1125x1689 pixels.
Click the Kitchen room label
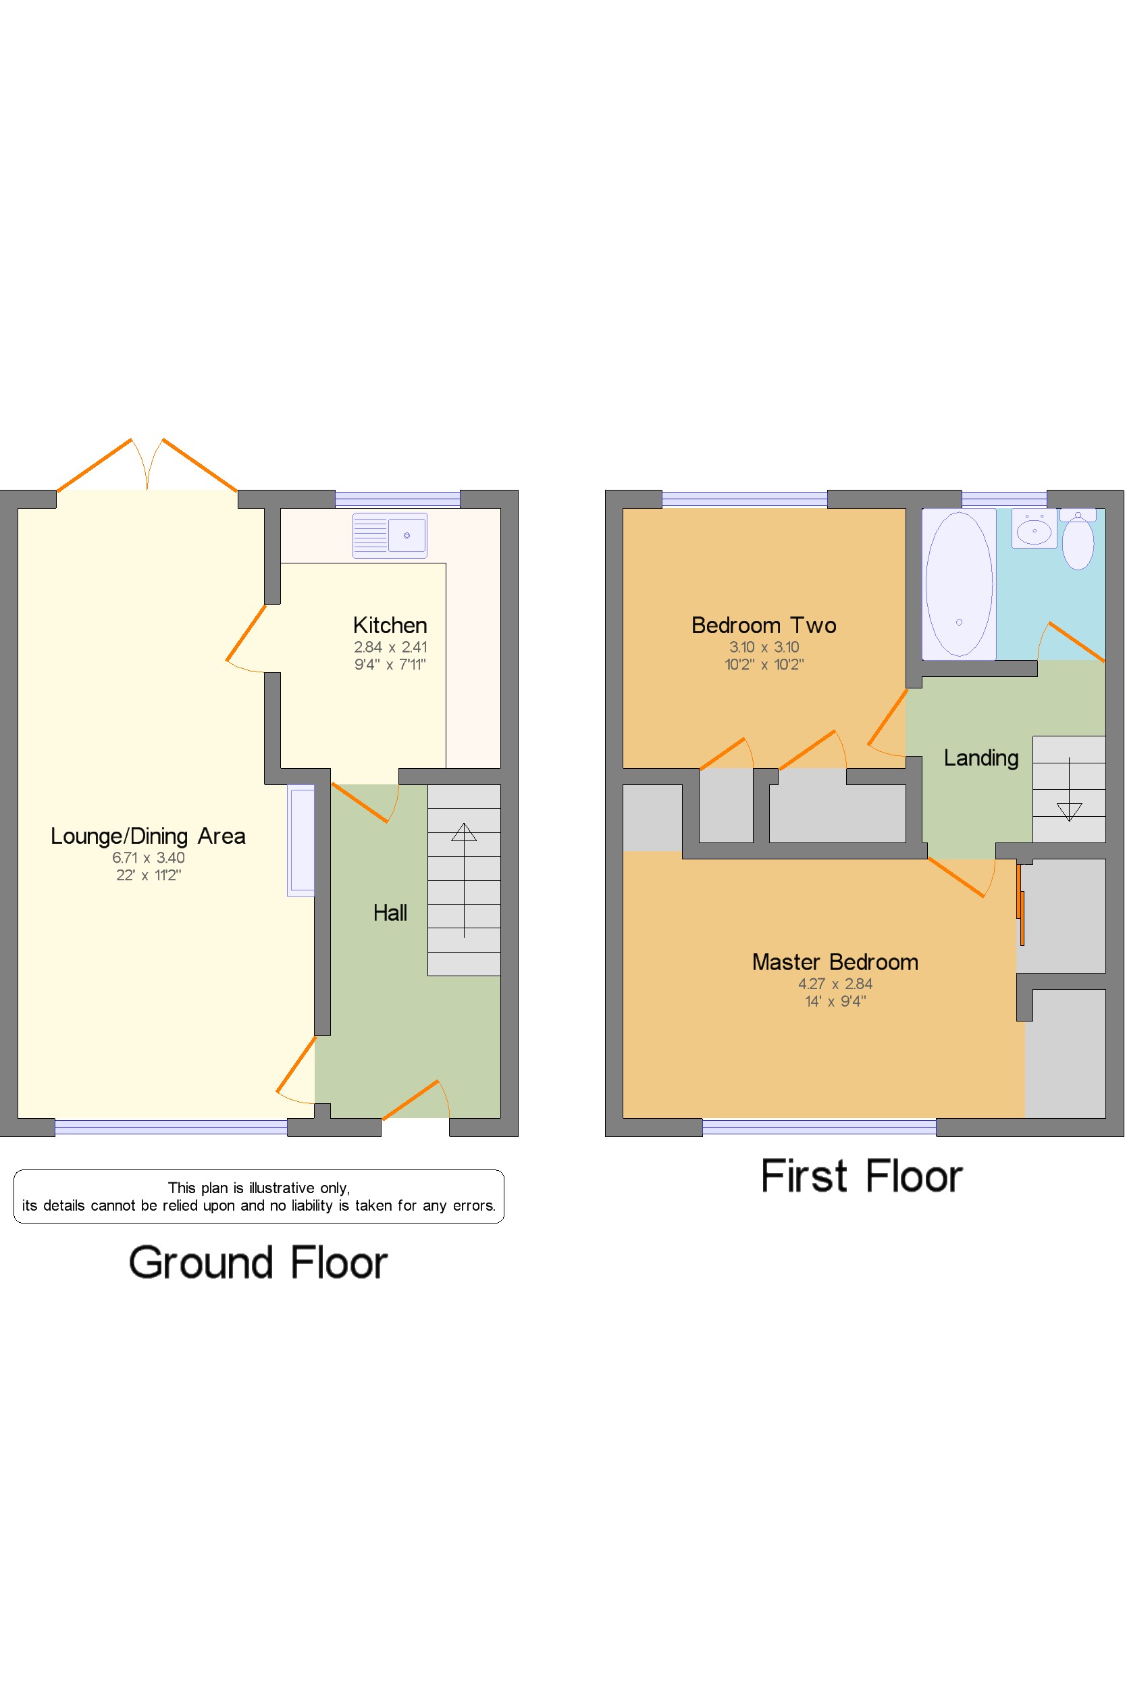click(x=390, y=625)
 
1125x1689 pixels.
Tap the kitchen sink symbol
click(x=390, y=536)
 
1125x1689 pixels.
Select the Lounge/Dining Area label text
click(x=148, y=836)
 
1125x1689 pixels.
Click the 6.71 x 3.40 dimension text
click(x=148, y=857)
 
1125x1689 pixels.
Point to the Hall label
click(x=390, y=912)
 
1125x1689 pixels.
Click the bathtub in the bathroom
click(x=959, y=584)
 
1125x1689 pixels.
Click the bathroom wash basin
click(x=1034, y=530)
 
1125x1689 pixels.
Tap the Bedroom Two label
click(x=763, y=625)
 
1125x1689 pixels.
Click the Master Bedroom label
click(x=835, y=962)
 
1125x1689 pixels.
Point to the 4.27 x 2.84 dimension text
click(x=835, y=984)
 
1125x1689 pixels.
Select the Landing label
click(x=980, y=758)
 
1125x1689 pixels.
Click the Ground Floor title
click(x=258, y=1263)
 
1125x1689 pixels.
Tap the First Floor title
click(x=861, y=1176)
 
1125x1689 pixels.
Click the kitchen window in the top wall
click(x=397, y=499)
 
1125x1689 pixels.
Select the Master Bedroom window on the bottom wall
click(x=818, y=1127)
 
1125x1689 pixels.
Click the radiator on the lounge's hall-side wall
click(x=301, y=840)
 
